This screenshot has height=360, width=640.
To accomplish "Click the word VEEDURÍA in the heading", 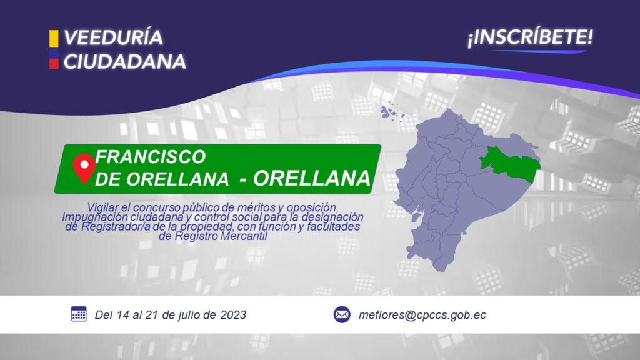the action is click(114, 37).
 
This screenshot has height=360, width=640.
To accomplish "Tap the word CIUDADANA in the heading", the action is click(125, 62).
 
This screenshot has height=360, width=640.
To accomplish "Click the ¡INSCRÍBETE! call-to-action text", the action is click(530, 37).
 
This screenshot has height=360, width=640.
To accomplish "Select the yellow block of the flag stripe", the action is click(54, 38).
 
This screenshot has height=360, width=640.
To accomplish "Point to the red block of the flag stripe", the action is click(54, 64).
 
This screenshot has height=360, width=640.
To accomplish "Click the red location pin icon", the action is click(84, 167).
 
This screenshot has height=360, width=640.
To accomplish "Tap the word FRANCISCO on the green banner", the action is click(151, 157).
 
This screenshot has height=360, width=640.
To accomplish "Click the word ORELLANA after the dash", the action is click(311, 178).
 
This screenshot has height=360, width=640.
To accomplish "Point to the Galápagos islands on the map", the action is click(392, 111).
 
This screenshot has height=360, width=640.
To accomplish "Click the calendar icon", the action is click(79, 314).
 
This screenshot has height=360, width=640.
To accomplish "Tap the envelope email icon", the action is click(342, 315).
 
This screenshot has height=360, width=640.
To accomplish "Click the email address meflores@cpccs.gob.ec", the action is click(422, 315).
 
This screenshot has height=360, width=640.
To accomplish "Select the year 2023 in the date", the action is click(233, 315).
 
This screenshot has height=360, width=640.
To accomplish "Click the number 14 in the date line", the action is click(123, 315).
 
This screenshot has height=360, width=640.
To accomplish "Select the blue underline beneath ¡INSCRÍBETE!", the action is click(538, 51).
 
